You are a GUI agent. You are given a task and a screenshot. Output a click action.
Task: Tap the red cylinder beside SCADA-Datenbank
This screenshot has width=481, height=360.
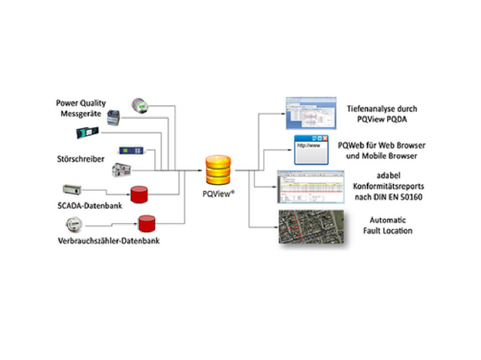pyautogui.click(x=140, y=195)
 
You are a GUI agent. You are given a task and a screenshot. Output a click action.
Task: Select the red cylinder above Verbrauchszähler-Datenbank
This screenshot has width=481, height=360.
pyautogui.click(x=146, y=222)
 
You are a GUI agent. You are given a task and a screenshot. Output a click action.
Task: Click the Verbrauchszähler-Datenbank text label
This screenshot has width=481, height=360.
pyautogui.click(x=107, y=241)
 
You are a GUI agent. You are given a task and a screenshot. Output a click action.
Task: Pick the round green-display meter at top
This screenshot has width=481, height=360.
pyautogui.click(x=141, y=106)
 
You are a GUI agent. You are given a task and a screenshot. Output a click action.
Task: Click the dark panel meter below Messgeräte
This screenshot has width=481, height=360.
pyautogui.click(x=87, y=133)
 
